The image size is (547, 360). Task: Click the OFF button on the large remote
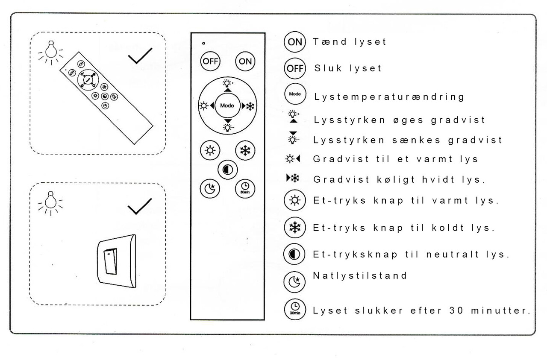coord(210,61)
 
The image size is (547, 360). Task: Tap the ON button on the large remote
coord(245,61)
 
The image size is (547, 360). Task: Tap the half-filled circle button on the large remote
coord(227,170)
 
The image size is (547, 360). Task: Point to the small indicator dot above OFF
coord(203,43)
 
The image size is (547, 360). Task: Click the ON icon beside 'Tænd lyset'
coord(294,42)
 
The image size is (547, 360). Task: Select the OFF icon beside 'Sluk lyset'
coord(294,69)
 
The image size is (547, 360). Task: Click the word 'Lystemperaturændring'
coord(389,97)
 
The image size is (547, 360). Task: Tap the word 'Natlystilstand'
coord(360,275)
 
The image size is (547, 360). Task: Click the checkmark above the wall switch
coord(140,207)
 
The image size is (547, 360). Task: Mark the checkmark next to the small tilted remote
coord(140,56)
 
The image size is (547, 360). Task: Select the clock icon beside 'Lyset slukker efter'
coord(294,309)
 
